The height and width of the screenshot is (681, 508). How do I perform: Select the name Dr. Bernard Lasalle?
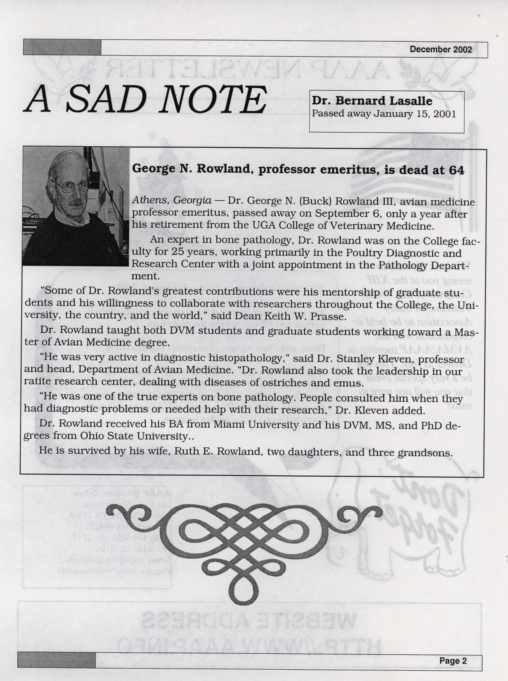pos(372,101)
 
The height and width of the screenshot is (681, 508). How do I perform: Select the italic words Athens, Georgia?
pos(172,201)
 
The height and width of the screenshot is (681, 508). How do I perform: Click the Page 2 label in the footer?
pos(453,661)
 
